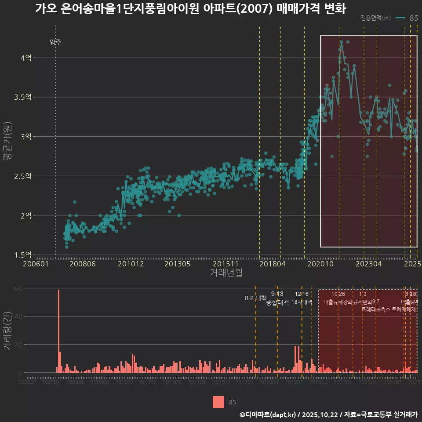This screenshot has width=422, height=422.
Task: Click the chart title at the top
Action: [x=190, y=9]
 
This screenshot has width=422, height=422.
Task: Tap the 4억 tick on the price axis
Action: [x=26, y=58]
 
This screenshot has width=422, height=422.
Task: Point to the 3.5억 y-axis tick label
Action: [x=23, y=97]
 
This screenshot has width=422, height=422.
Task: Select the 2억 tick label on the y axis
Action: [x=26, y=215]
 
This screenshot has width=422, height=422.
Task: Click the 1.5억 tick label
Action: [x=23, y=255]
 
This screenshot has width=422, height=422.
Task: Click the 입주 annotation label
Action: [x=55, y=42]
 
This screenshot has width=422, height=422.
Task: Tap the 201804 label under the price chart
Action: [x=273, y=264]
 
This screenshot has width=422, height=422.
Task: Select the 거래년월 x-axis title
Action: [x=226, y=273]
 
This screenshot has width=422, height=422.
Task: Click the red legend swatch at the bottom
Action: [x=218, y=402]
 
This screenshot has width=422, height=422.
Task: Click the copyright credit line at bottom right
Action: [x=328, y=414]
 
